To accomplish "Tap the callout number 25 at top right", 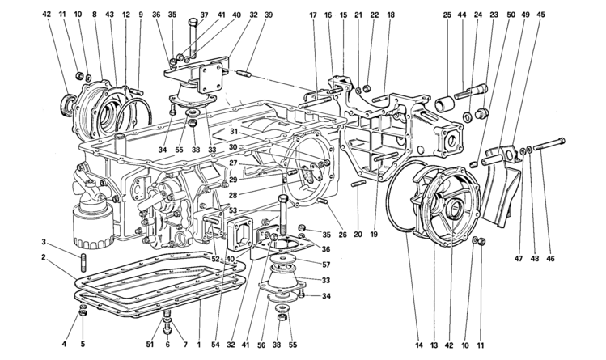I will pos(447,15).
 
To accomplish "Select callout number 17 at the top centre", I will pos(313,15).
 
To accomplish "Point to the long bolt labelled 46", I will pos(550,145).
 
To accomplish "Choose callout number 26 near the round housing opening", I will pos(343,235).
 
